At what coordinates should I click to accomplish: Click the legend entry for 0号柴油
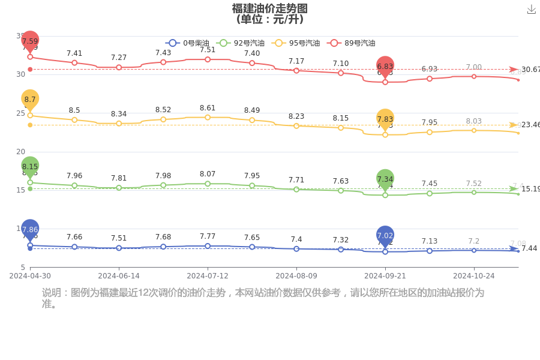click(x=187, y=43)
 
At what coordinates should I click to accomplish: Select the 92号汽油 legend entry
click(x=238, y=43)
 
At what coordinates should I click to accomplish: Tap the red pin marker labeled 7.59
click(x=30, y=41)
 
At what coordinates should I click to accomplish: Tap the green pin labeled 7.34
click(x=385, y=179)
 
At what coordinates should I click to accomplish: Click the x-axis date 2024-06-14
click(x=119, y=276)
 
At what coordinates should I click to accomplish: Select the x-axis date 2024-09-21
click(x=385, y=276)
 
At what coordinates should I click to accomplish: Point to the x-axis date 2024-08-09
click(x=296, y=276)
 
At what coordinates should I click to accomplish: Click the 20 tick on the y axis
click(x=20, y=152)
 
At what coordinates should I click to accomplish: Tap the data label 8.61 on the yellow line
click(x=208, y=108)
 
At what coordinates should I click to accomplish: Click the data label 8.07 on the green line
click(x=208, y=174)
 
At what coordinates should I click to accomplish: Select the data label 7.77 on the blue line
click(x=208, y=236)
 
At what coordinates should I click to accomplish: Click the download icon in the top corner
click(x=531, y=10)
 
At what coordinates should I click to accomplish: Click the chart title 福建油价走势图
click(x=270, y=8)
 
